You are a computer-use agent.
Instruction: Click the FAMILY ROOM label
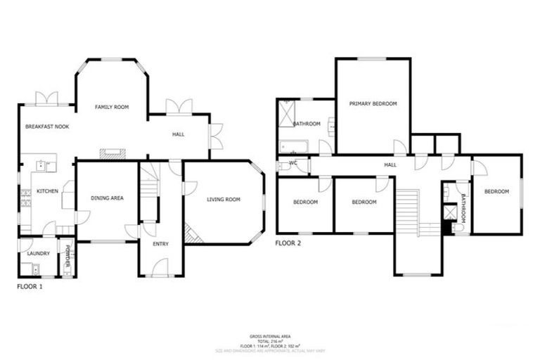pos(112,107)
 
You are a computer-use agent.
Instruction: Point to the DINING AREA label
pos(108,198)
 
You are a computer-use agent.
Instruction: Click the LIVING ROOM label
pos(224,200)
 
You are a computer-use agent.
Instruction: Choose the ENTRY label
pos(161,244)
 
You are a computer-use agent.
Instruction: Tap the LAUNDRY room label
pos(37,253)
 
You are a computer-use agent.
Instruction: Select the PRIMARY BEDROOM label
pos(373,103)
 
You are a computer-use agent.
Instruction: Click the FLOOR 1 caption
pos(30,287)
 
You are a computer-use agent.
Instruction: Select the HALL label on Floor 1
pos(179,134)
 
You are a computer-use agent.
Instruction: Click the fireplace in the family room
pos(112,153)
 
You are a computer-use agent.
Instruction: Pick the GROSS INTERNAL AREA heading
pos(270,336)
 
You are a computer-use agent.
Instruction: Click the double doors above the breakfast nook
pos(47,98)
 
